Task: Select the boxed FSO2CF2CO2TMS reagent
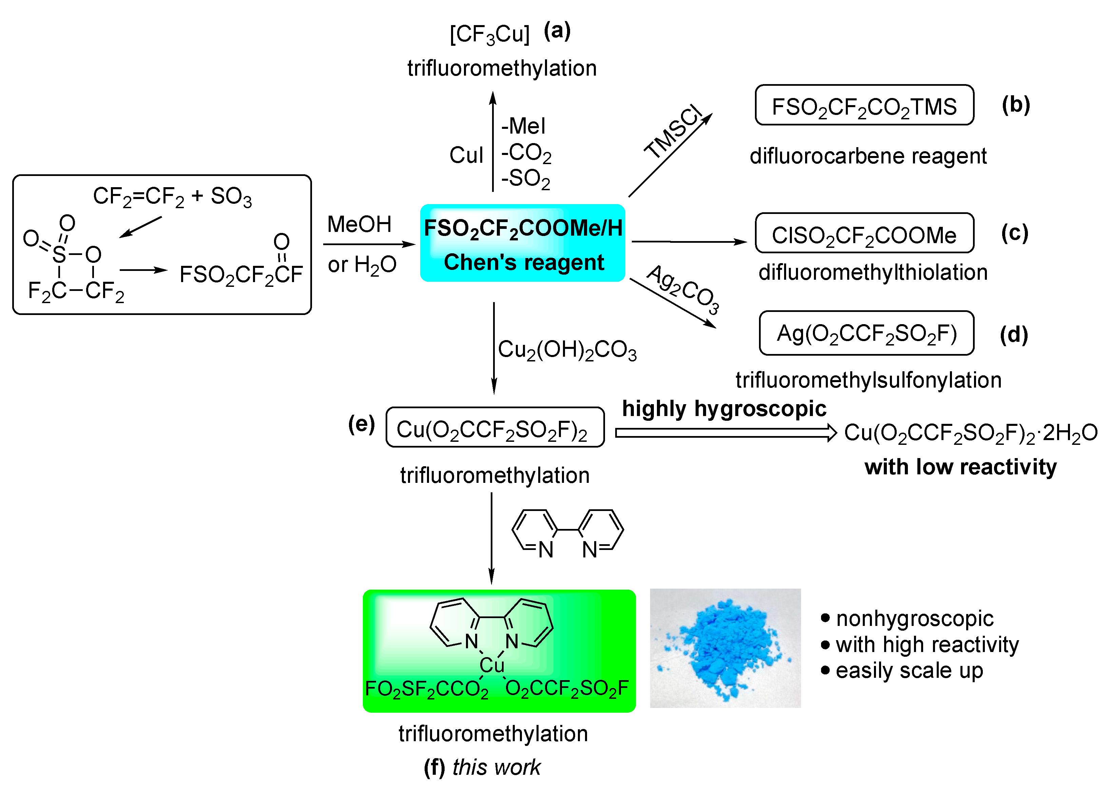coord(864,106)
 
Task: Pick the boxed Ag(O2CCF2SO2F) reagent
coord(866,334)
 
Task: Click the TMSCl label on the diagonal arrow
coord(674,132)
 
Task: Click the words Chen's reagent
coord(523,262)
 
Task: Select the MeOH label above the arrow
coord(359,224)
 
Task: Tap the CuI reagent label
coord(466,156)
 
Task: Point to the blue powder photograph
coord(725,648)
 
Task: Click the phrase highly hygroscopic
coord(724,409)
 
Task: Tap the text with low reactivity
coord(960,467)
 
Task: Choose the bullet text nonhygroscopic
coord(914,618)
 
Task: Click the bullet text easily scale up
coord(909,670)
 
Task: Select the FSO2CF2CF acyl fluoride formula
coord(241,274)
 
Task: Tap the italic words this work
coord(496,768)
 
